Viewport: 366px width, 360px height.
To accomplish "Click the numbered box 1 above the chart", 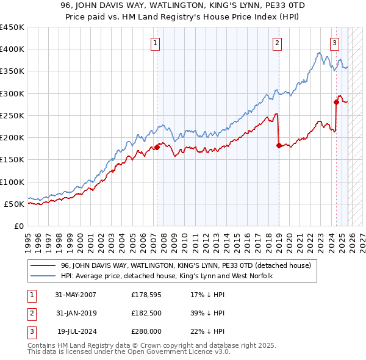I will [157, 43].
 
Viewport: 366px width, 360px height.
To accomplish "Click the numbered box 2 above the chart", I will [278, 43].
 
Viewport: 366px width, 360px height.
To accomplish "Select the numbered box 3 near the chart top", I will [335, 43].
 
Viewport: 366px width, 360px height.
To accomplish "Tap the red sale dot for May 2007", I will [157, 147].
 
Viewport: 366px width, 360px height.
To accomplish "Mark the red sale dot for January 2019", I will [278, 145].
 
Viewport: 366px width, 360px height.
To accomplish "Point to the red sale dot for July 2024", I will [335, 103].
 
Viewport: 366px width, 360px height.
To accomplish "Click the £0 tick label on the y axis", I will [18, 226].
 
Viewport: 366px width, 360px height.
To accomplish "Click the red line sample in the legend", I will [43, 265].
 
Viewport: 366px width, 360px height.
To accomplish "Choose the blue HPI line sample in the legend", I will [43, 276].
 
